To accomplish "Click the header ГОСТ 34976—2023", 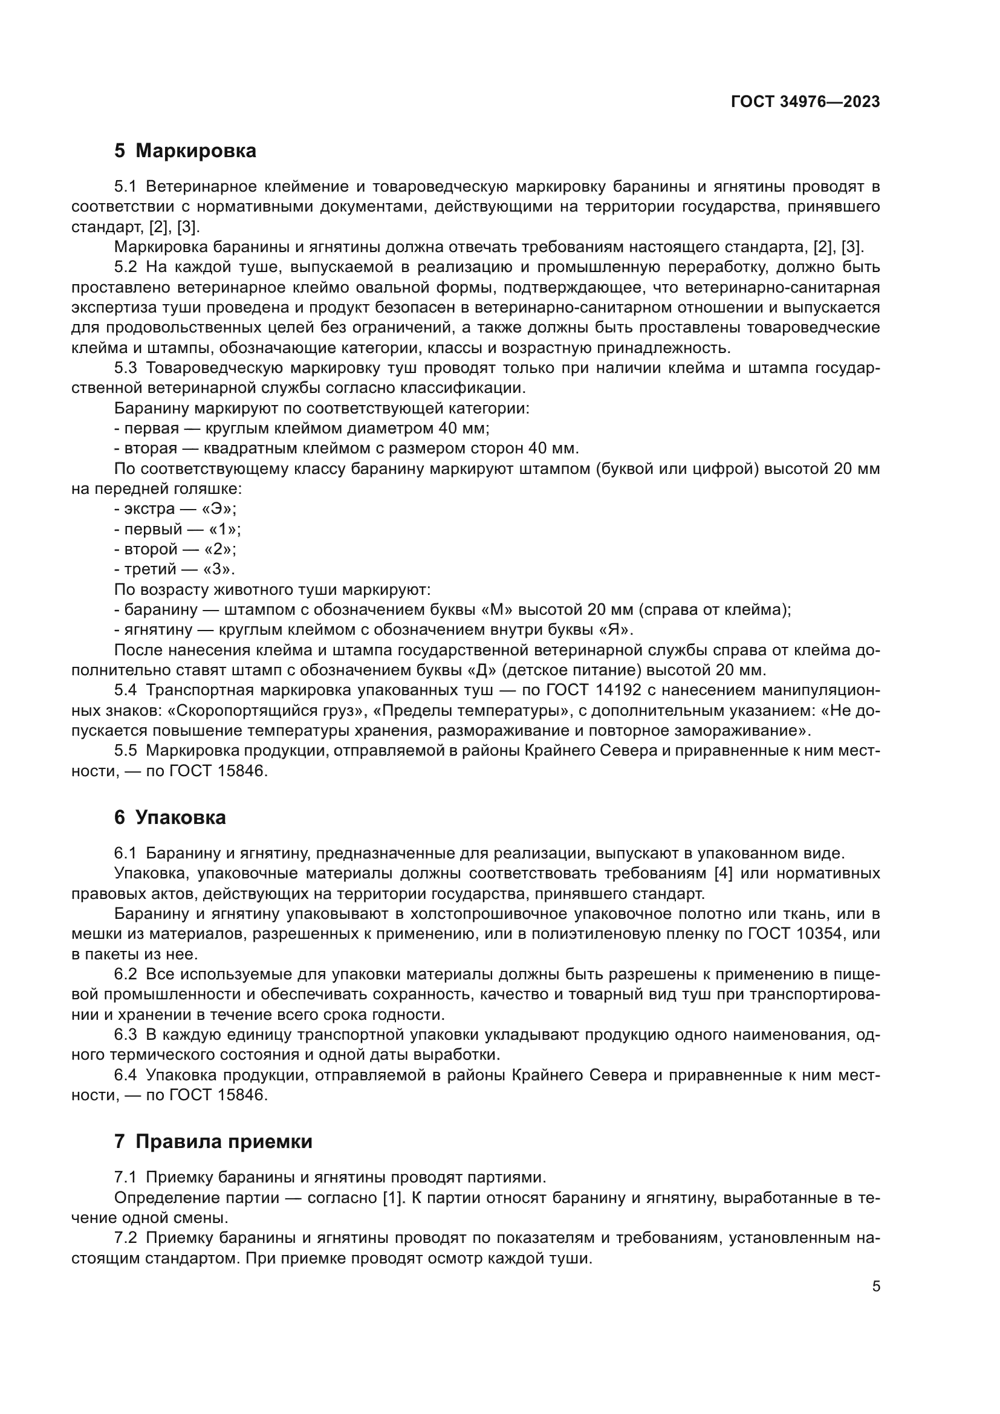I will tap(805, 102).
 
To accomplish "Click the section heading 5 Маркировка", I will tap(185, 151).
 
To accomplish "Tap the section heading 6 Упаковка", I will tap(170, 817).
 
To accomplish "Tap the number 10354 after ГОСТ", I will tap(819, 933).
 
